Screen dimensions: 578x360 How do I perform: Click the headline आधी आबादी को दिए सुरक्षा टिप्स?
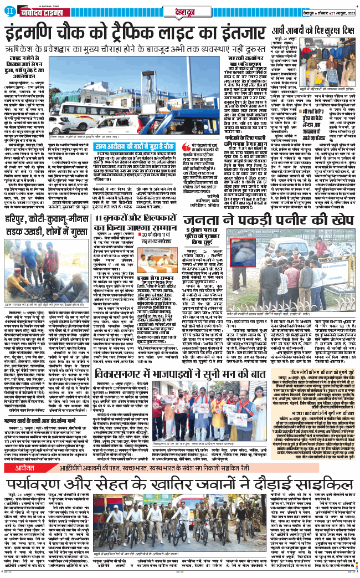(313, 31)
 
